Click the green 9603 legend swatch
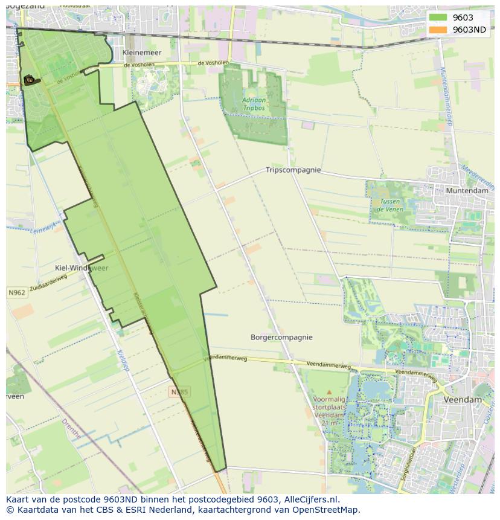click(x=438, y=18)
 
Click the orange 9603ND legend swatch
click(x=438, y=30)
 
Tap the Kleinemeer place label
click(x=142, y=53)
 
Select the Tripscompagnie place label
click(x=293, y=170)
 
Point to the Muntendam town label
click(x=467, y=191)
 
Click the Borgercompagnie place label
click(x=281, y=337)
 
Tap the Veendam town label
click(x=463, y=400)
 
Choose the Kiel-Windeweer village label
click(x=82, y=268)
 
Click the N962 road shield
click(x=17, y=293)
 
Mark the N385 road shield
click(x=179, y=392)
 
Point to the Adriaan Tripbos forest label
click(x=254, y=104)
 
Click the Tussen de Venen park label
click(x=389, y=205)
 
